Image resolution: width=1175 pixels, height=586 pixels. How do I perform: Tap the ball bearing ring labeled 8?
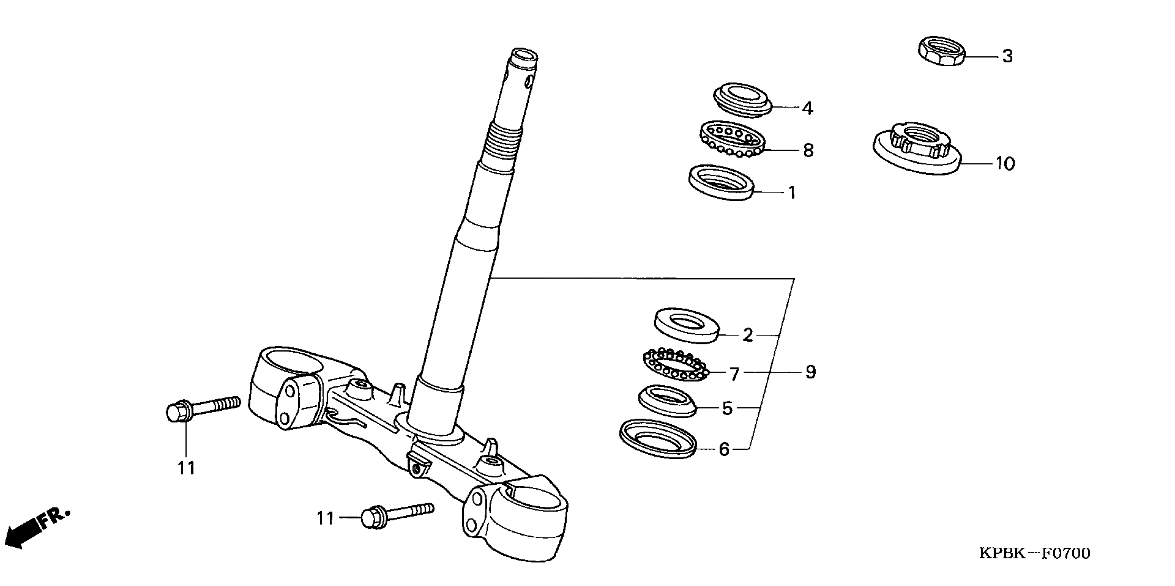(x=731, y=139)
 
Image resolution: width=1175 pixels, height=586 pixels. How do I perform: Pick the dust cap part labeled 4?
(x=742, y=101)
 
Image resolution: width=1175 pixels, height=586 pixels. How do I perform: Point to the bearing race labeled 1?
(x=721, y=182)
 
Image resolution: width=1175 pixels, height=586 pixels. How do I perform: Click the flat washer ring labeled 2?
(x=687, y=325)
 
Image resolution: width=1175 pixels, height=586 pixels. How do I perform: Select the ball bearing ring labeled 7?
(x=676, y=365)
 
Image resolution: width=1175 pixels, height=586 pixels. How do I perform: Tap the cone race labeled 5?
(x=667, y=401)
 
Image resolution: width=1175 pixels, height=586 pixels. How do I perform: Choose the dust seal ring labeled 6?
(x=658, y=439)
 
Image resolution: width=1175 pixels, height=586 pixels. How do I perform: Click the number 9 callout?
(x=810, y=372)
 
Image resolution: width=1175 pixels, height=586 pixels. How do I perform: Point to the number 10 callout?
(x=1005, y=163)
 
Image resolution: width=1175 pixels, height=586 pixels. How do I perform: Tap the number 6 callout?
(x=724, y=449)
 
